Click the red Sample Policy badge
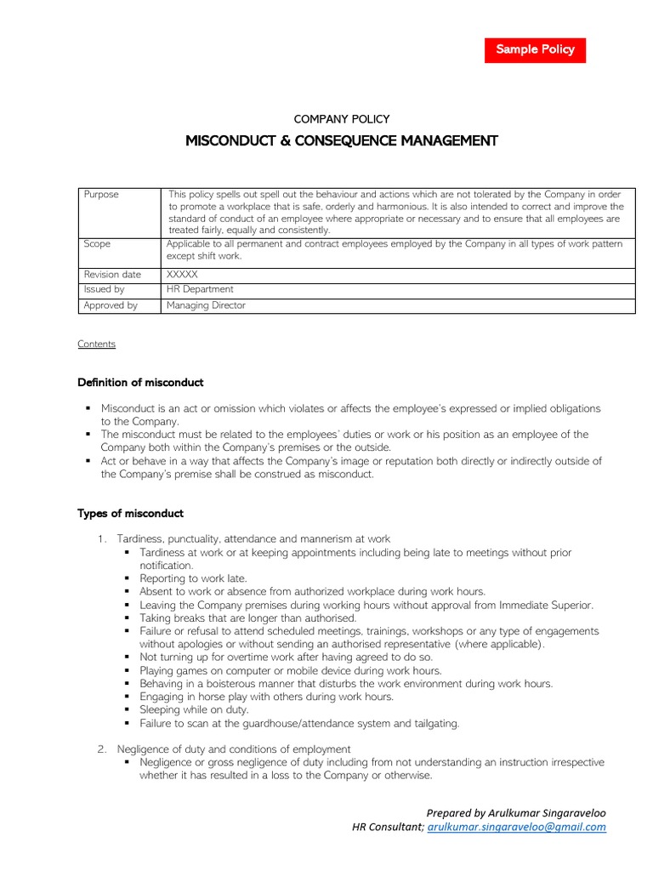(535, 49)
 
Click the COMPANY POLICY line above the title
(341, 119)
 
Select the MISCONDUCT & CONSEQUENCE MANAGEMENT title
(341, 140)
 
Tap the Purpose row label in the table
(102, 195)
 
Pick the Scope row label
(97, 244)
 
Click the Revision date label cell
(112, 275)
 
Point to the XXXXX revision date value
(182, 275)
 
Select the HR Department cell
(200, 289)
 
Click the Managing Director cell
(206, 305)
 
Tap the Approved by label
(111, 305)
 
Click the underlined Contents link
(96, 344)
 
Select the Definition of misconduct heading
(140, 383)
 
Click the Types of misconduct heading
(130, 514)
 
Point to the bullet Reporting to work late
(193, 578)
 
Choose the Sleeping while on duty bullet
(194, 709)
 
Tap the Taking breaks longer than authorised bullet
(248, 618)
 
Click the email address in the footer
(517, 827)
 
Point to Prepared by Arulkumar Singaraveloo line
(516, 812)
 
